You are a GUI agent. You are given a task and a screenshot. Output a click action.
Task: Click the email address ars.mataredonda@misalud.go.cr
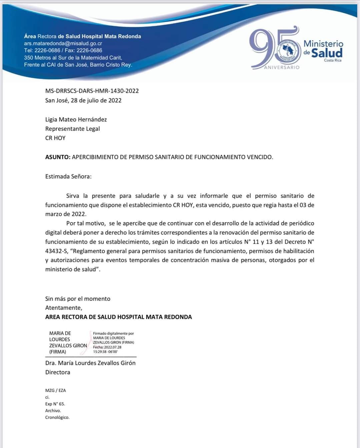coord(63,43)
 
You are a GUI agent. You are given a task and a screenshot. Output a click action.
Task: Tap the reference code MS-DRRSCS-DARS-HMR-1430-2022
coord(92,91)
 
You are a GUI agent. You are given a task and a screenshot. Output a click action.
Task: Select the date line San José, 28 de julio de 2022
coord(83,100)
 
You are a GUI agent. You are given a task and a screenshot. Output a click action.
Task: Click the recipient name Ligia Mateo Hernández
coord(76,119)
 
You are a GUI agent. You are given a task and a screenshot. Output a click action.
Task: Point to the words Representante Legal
coord(73,129)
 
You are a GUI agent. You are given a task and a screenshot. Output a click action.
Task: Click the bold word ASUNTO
coord(57,157)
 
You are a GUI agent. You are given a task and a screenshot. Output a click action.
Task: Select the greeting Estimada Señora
coord(68,176)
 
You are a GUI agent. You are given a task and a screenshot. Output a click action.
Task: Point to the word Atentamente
coord(64,308)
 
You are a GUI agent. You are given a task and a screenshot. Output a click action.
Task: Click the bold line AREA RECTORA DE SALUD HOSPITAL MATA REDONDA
coord(119,317)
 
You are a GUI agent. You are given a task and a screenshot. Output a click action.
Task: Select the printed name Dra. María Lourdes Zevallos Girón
coord(90,363)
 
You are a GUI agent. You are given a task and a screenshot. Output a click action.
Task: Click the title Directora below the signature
coord(58,372)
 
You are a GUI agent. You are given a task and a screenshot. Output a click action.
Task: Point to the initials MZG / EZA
coord(56,390)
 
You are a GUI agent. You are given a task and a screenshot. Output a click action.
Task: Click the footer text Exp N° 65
coord(55,404)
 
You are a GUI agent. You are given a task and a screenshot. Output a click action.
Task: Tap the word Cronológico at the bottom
coord(57,417)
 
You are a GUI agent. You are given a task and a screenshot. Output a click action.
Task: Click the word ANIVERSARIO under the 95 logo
coord(282,67)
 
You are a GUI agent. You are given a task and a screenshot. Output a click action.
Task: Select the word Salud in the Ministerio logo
coord(327,53)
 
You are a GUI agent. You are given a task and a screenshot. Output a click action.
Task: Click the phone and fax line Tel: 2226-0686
coord(63,50)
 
